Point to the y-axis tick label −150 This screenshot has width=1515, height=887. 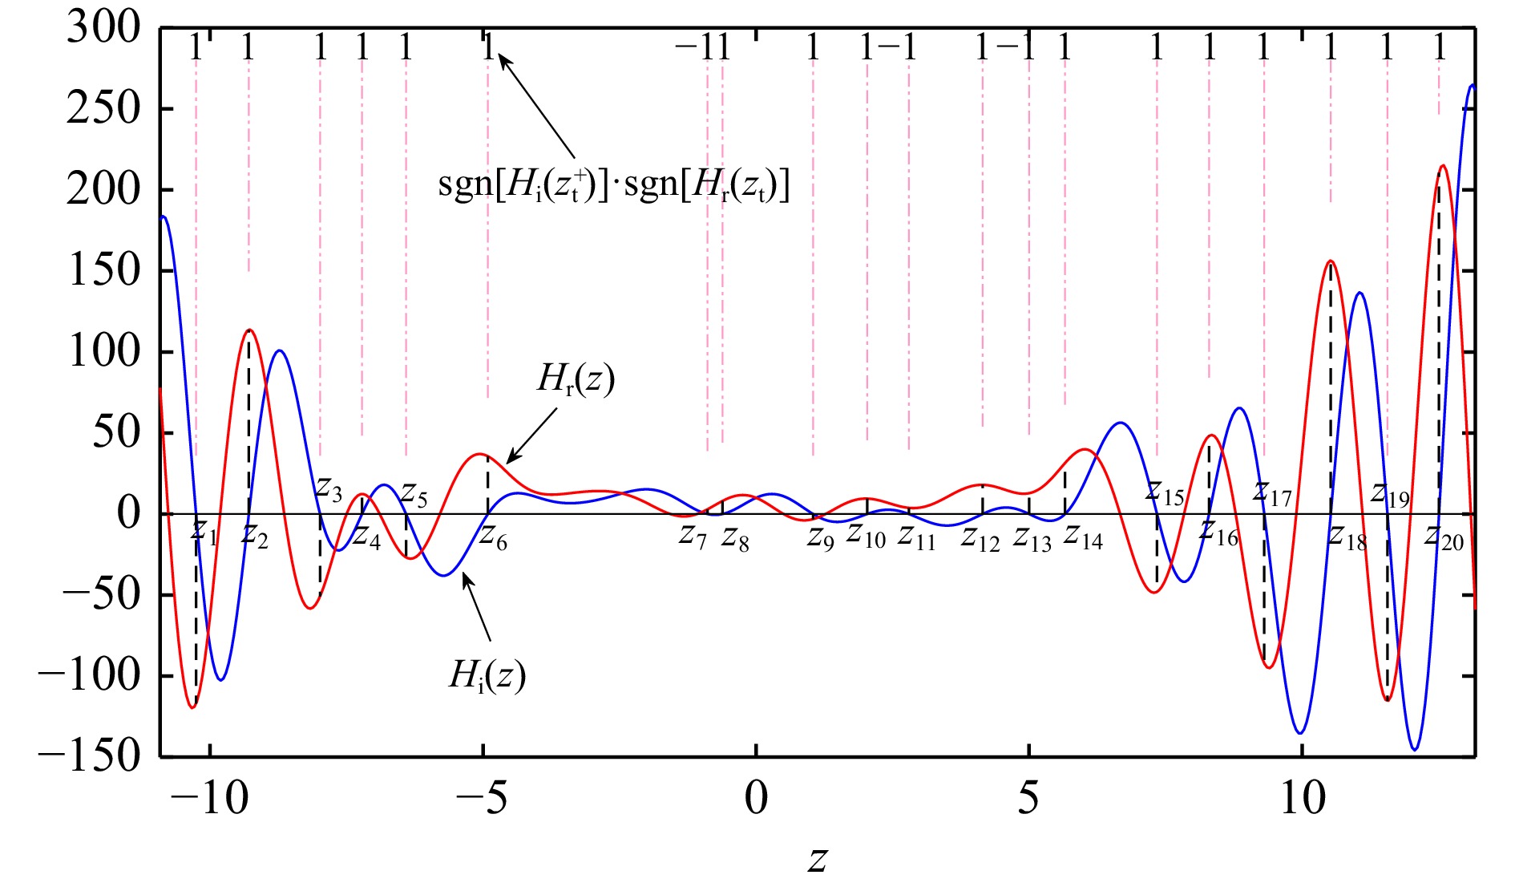89,755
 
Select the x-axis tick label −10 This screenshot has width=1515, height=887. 209,799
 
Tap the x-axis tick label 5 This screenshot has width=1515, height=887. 1028,799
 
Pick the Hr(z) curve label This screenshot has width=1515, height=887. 575,379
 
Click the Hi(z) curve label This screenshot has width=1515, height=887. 487,675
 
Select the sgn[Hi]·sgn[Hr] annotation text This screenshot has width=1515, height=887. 613,185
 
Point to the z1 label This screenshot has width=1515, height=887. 204,531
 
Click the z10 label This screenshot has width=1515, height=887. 866,534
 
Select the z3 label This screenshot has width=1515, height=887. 329,488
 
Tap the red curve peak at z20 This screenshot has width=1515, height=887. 1443,166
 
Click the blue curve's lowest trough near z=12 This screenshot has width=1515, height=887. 1415,750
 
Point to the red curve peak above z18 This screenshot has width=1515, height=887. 1331,261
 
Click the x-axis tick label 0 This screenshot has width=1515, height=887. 756,799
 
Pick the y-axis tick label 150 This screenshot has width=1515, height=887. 103,271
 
